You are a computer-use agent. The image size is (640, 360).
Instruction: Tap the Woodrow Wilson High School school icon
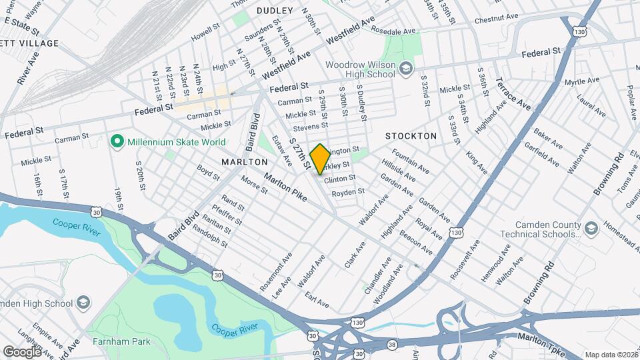tap(405, 68)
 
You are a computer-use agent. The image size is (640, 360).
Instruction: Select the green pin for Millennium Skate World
tap(117, 141)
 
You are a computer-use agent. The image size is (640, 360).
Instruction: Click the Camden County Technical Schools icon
tap(591, 229)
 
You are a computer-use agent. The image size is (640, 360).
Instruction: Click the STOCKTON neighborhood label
tap(411, 136)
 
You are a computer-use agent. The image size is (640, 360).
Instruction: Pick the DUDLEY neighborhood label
tap(274, 11)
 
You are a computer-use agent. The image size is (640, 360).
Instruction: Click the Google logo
tap(22, 351)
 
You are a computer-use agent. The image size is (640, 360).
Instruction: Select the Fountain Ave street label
tap(411, 161)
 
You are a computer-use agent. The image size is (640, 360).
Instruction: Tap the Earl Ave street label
tap(317, 299)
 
